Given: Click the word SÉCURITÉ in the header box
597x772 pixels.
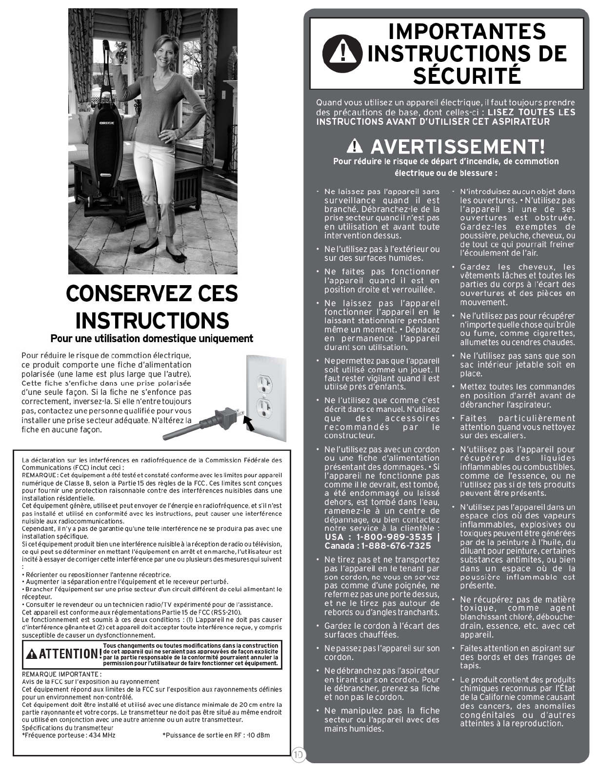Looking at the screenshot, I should click(x=467, y=76).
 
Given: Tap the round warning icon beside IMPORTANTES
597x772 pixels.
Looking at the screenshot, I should click(x=342, y=53).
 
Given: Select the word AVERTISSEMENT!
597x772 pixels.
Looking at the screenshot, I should click(x=458, y=146).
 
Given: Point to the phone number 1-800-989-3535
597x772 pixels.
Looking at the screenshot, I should click(x=395, y=537).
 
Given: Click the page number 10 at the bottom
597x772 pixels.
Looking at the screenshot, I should click(x=298, y=755).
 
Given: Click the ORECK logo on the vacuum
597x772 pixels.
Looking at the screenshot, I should click(x=107, y=122).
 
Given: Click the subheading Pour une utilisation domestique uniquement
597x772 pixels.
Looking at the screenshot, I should click(x=152, y=338).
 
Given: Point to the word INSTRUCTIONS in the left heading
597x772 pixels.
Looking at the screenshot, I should click(x=152, y=320).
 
